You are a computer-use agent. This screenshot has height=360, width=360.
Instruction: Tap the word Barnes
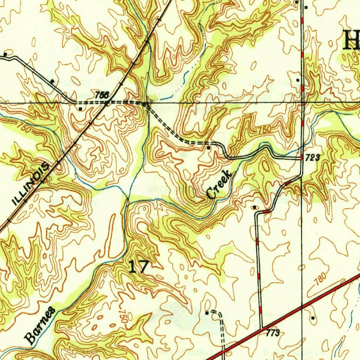[40, 325]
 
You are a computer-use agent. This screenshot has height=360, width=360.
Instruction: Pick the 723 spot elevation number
[312, 158]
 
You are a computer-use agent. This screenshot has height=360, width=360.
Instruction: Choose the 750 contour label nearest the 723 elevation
[265, 130]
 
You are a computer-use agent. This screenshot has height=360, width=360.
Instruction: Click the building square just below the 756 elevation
[81, 109]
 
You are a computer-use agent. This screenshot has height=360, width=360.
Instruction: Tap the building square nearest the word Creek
[208, 148]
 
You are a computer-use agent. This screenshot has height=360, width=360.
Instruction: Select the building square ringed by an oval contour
[255, 207]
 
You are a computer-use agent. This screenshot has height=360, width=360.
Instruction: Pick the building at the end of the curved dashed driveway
[207, 312]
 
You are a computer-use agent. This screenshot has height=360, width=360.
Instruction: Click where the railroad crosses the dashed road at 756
[106, 103]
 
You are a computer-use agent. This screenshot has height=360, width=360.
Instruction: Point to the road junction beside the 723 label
[302, 159]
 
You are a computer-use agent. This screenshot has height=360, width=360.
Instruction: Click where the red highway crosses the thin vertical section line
[302, 308]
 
